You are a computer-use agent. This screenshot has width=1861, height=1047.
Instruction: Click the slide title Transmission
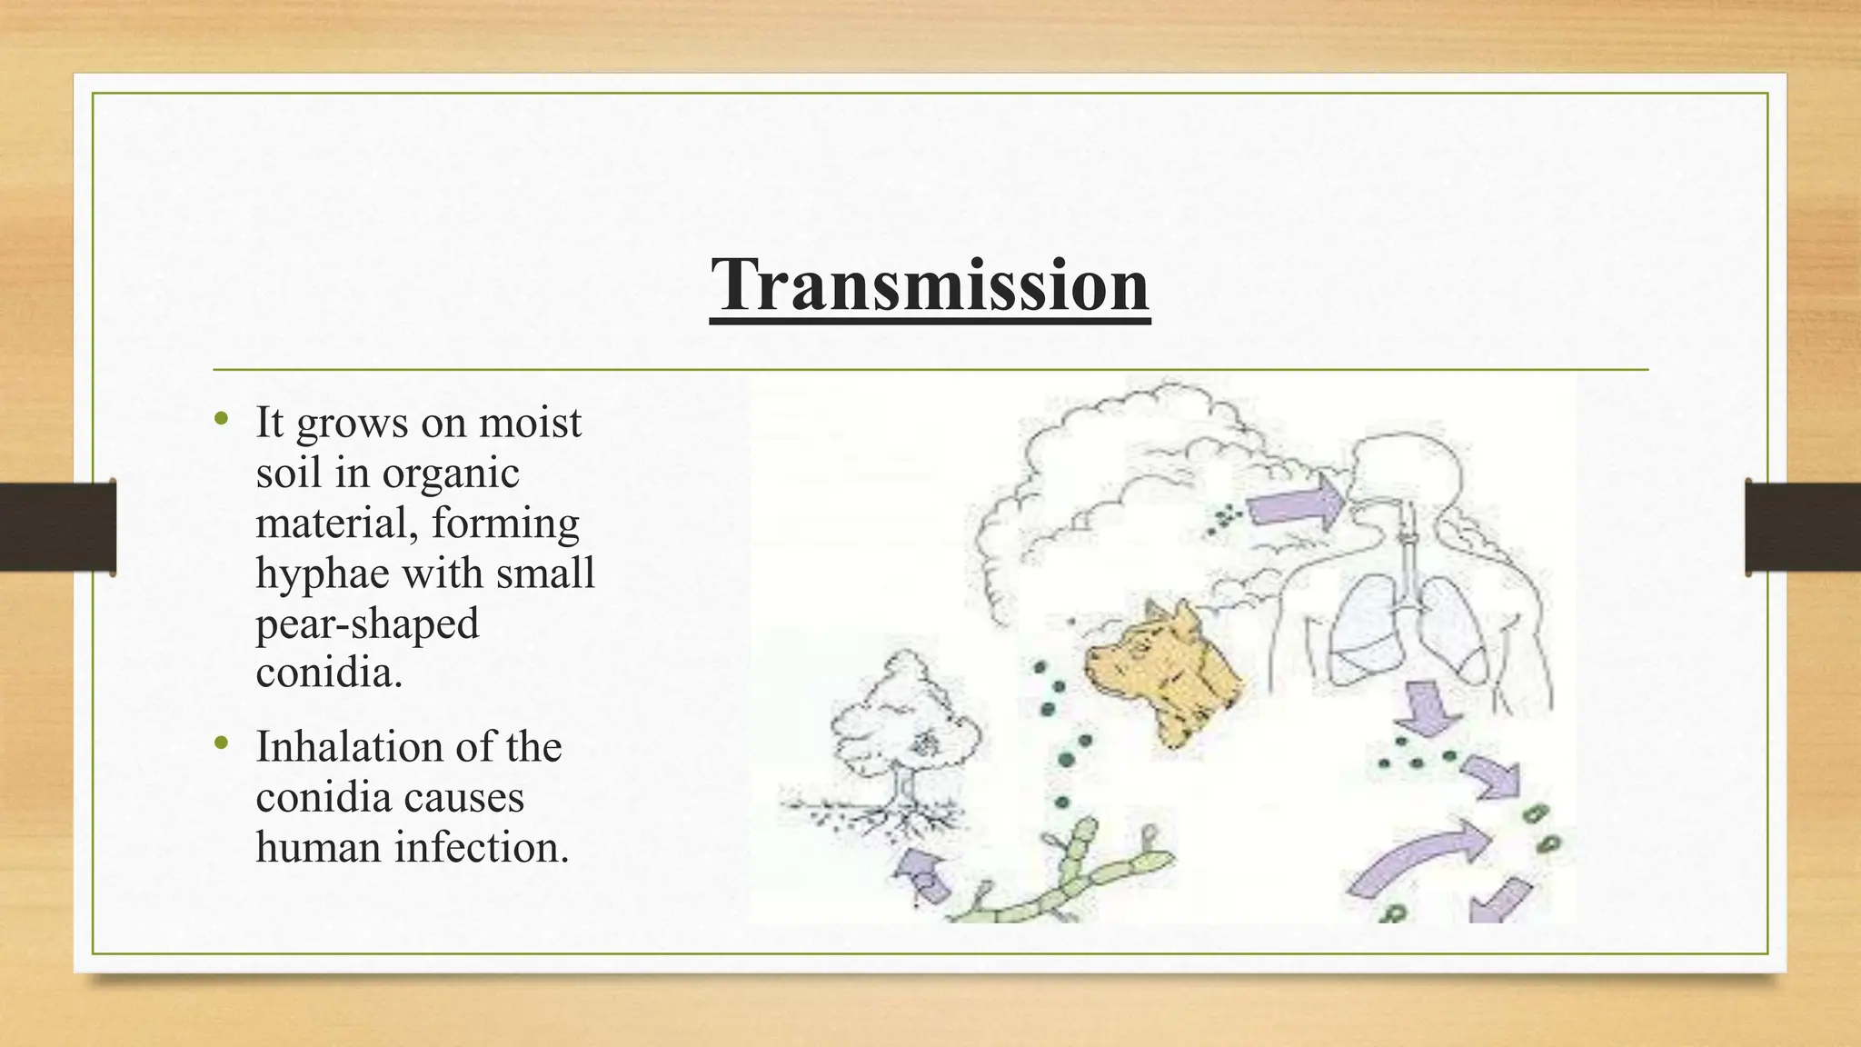tap(930, 284)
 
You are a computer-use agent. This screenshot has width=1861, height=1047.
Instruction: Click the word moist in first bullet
tap(530, 424)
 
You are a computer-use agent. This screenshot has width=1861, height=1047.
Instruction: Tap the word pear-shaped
tap(367, 624)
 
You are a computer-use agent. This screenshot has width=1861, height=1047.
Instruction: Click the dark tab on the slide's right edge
tap(1802, 526)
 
